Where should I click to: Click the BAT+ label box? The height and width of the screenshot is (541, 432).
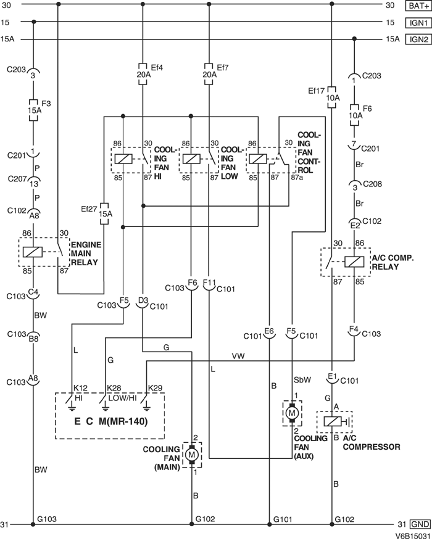click(417, 6)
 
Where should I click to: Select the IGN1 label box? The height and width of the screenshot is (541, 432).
click(417, 22)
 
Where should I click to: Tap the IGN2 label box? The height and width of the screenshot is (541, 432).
click(417, 39)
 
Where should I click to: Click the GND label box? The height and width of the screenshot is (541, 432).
click(418, 524)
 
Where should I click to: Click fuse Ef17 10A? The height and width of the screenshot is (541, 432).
click(332, 98)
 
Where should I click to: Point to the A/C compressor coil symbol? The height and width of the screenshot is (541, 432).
click(332, 423)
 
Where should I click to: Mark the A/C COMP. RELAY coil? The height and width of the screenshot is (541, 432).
click(354, 262)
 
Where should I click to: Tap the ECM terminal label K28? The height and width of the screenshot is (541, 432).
click(114, 388)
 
